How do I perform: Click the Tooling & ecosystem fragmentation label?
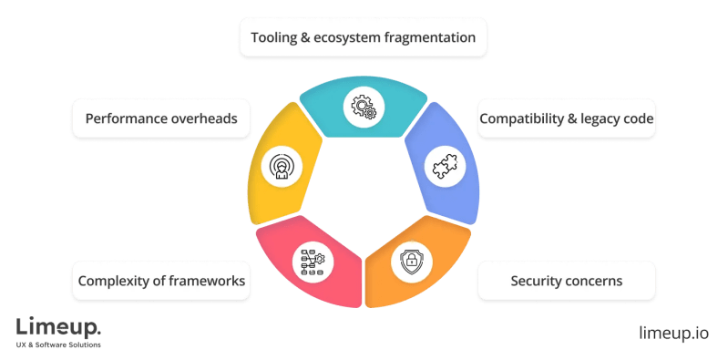pyautogui.click(x=364, y=38)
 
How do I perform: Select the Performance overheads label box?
pyautogui.click(x=160, y=118)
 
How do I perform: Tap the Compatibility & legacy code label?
pyautogui.click(x=567, y=118)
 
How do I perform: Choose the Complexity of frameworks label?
pyautogui.click(x=160, y=281)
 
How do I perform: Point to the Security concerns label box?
pyautogui.click(x=567, y=281)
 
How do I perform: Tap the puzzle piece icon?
pyautogui.click(x=446, y=168)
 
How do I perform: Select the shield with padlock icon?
pyautogui.click(x=408, y=262)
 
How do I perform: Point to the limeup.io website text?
pyautogui.click(x=673, y=332)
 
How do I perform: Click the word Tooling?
pyautogui.click(x=277, y=38)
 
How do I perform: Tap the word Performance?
pyautogui.click(x=128, y=118)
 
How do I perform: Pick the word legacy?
pyautogui.click(x=597, y=118)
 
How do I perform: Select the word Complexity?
pyautogui.click(x=113, y=281)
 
